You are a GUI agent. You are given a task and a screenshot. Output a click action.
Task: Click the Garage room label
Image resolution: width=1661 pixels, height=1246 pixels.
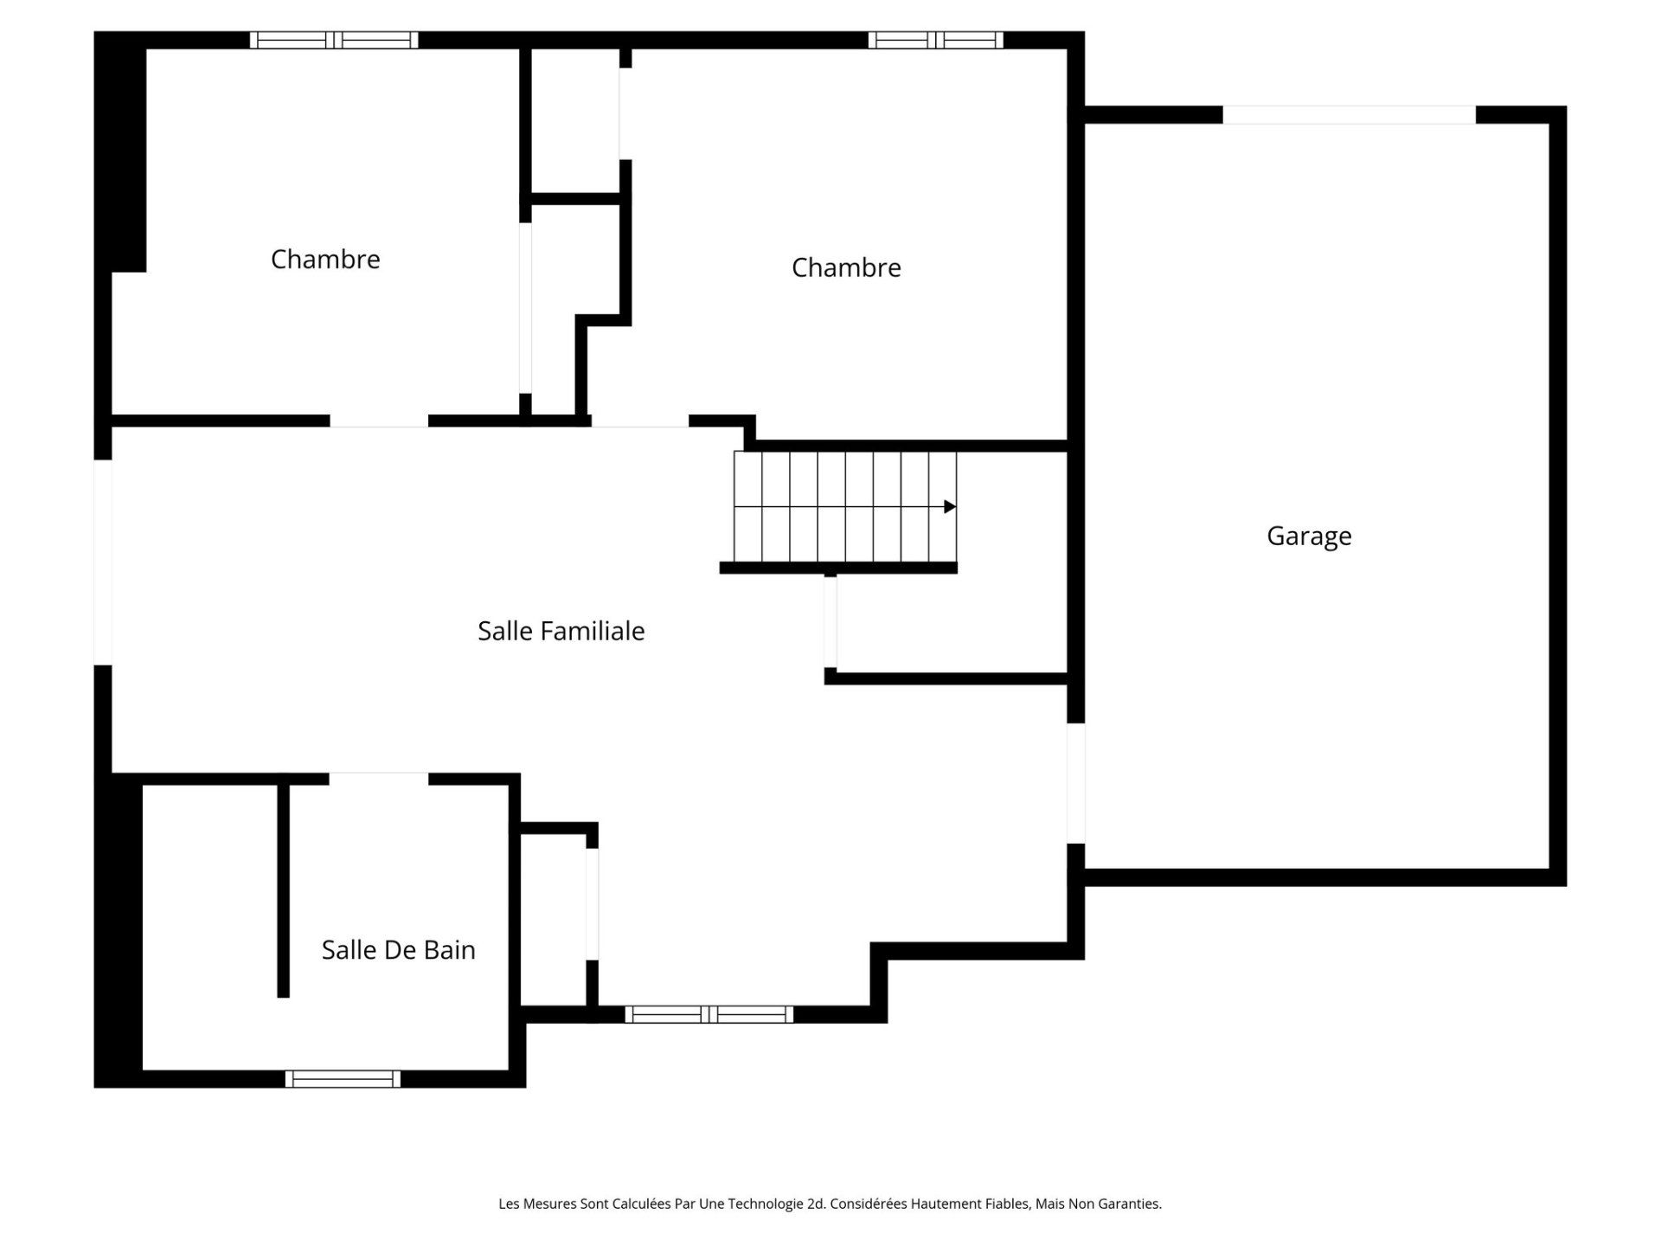click(x=1308, y=536)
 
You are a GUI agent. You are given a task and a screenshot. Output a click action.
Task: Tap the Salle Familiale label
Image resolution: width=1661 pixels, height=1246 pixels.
click(x=561, y=631)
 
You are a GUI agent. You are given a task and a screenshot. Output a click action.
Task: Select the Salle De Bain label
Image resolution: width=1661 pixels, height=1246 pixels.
click(x=398, y=950)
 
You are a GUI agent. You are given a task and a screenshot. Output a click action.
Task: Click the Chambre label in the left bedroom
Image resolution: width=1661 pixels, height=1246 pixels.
click(x=325, y=259)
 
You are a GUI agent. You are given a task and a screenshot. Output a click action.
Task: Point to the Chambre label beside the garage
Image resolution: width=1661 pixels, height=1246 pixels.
click(x=845, y=267)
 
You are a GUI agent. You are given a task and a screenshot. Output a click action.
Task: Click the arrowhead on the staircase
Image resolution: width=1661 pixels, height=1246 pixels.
click(x=949, y=507)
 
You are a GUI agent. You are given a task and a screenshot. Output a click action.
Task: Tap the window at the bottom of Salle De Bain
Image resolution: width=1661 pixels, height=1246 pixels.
click(x=343, y=1079)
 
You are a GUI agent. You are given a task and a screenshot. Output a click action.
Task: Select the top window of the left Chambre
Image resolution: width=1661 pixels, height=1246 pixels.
click(x=334, y=40)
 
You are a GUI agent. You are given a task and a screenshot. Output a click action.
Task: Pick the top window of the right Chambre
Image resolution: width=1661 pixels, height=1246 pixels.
click(x=935, y=40)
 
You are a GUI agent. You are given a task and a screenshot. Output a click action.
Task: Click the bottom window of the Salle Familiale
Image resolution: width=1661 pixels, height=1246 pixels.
click(x=709, y=1014)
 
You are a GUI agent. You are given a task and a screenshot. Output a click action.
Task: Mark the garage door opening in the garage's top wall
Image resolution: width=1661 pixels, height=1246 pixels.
click(x=1348, y=115)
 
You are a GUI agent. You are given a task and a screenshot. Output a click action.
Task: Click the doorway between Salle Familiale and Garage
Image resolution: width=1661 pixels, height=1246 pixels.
click(x=1075, y=783)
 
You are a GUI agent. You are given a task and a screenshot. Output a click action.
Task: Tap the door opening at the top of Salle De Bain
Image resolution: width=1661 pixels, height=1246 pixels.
click(x=379, y=779)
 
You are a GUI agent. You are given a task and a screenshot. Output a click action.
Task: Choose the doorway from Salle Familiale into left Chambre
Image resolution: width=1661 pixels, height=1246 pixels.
click(x=379, y=421)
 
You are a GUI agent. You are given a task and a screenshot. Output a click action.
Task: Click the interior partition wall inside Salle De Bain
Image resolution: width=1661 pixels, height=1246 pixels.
click(x=283, y=891)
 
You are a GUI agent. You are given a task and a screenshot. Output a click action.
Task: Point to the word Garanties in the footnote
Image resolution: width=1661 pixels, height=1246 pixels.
click(x=1131, y=1204)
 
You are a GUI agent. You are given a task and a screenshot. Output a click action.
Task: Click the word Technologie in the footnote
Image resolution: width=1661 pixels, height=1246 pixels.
click(x=765, y=1204)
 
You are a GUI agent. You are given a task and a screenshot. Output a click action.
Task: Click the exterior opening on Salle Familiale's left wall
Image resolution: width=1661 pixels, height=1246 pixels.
click(x=103, y=562)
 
